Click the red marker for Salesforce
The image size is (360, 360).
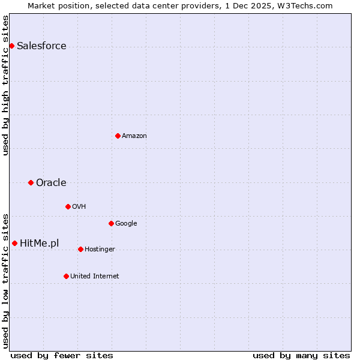11,46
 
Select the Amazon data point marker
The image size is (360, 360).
118,136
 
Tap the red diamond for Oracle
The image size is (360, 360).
31,182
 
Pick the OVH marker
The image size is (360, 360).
68,206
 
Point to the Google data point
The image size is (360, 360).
111,223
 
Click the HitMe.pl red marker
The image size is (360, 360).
14,243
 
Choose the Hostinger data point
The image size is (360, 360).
80,249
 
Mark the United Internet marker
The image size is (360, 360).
66,276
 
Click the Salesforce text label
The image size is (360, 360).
41,46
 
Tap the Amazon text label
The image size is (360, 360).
134,136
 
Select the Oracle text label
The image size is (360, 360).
51,183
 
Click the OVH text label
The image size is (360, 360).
79,207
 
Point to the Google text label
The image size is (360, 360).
126,224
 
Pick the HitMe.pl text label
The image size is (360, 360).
40,244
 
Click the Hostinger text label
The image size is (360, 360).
100,250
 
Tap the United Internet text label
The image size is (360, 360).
95,277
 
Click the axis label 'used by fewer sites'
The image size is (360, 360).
62,355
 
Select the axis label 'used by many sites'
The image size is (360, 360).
301,355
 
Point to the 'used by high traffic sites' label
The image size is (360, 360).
5,85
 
